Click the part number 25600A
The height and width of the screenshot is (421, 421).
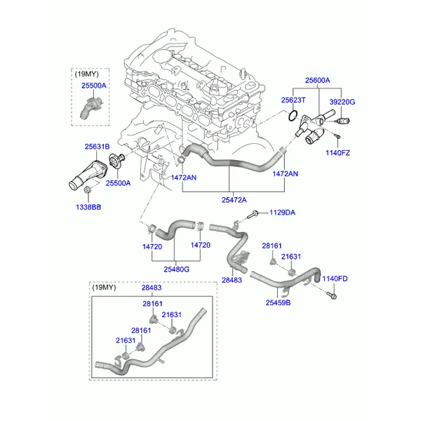click(x=316, y=81)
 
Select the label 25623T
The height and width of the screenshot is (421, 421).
click(x=295, y=101)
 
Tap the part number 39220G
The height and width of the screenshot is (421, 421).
click(x=342, y=102)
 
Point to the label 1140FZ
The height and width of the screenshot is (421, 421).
click(x=338, y=152)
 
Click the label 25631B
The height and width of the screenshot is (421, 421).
click(x=97, y=147)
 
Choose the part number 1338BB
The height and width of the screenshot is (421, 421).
click(x=88, y=208)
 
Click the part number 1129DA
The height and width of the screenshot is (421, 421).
click(x=283, y=213)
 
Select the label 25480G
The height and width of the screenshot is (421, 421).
click(x=176, y=269)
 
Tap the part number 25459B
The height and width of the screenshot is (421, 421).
click(x=278, y=302)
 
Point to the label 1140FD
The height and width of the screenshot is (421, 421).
click(x=335, y=279)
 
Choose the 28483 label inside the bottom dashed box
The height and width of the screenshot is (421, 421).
click(x=151, y=288)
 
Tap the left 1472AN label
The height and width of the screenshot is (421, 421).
click(x=184, y=178)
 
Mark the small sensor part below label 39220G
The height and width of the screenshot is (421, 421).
click(x=337, y=121)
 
